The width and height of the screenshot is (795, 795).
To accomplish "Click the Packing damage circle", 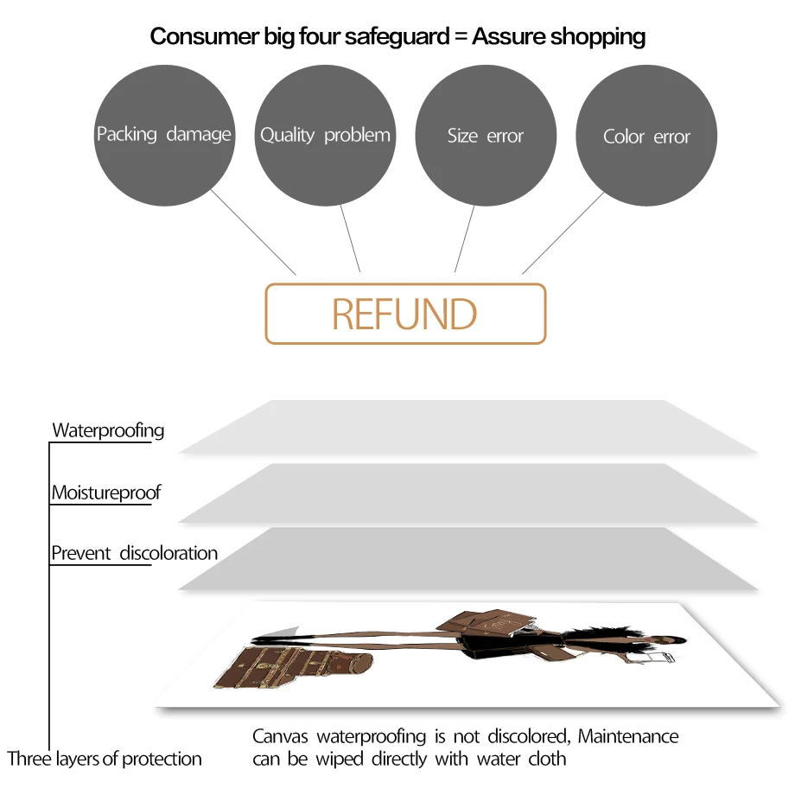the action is point(163,135).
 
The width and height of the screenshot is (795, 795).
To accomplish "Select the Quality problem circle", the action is point(325,135).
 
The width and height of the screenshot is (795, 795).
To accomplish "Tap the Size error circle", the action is point(486,136).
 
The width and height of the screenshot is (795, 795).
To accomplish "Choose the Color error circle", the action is point(646,137).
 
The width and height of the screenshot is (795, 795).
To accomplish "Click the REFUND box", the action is point(405,314).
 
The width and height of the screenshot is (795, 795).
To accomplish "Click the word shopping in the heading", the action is point(597,36).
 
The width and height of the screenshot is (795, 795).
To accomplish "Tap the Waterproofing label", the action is point(108,429).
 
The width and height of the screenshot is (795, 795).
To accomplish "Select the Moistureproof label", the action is point(106,493).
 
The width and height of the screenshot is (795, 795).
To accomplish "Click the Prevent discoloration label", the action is point(134,553).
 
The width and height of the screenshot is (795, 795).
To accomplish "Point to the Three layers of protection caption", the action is point(105,760).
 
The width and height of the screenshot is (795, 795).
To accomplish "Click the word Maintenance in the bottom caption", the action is point(628,737).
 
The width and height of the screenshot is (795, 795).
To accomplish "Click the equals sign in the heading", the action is point(458,36).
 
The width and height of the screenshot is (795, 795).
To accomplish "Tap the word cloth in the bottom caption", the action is point(547,760).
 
